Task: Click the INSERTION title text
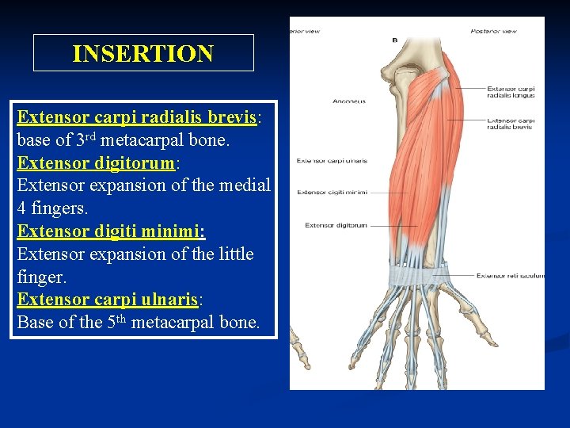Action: [142, 54]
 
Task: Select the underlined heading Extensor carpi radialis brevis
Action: [136, 117]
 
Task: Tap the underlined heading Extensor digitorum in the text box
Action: [96, 163]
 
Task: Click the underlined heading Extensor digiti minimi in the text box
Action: [111, 231]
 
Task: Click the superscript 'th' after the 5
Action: [121, 318]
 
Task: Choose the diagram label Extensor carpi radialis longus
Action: [511, 92]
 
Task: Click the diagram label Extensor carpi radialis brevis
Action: [511, 124]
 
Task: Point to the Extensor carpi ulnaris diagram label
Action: [332, 161]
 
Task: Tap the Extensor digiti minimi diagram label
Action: [332, 193]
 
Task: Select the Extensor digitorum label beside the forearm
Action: [336, 225]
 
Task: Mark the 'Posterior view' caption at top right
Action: [493, 31]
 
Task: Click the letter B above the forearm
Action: [395, 39]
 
